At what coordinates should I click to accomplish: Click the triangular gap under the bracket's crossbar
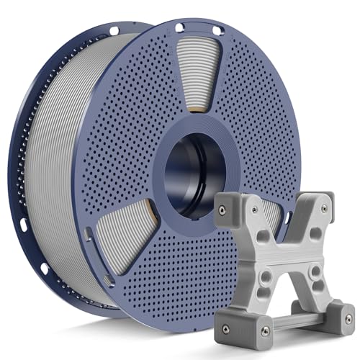(291, 288)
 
